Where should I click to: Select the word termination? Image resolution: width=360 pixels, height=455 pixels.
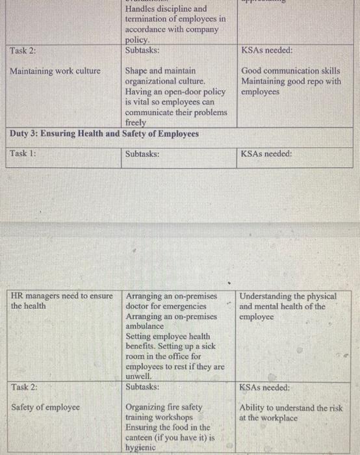click(x=149, y=19)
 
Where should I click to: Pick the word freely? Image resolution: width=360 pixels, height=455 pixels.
click(x=136, y=122)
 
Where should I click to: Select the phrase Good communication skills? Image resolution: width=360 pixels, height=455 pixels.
click(x=290, y=70)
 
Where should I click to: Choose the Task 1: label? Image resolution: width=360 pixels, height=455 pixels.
click(x=23, y=154)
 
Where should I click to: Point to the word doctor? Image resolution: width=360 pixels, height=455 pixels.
click(x=140, y=305)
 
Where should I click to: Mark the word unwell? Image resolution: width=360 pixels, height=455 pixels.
click(x=138, y=376)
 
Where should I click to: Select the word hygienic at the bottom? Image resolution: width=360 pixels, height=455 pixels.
click(x=141, y=448)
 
